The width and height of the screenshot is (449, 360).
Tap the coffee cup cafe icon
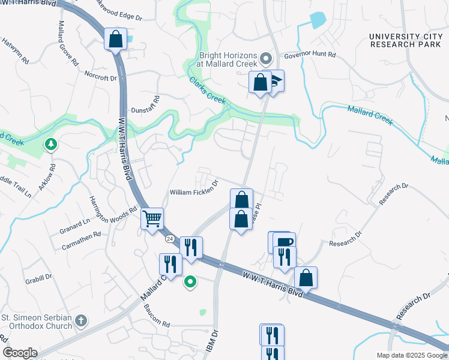(285, 241)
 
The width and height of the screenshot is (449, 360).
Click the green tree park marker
(51, 144)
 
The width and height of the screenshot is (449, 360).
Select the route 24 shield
(170, 239)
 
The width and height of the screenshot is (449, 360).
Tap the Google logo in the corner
(20, 352)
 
